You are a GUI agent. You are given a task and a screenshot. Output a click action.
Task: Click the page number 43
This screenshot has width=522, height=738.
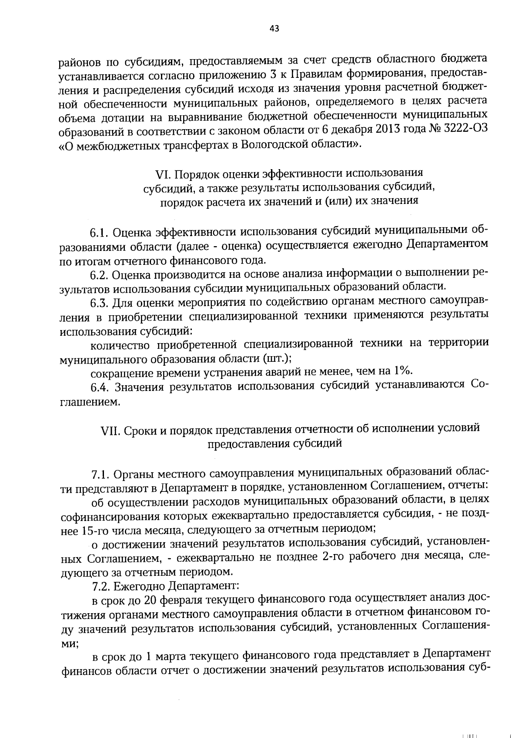click(x=274, y=29)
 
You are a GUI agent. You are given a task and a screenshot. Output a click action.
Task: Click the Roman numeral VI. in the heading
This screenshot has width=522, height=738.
click(x=164, y=174)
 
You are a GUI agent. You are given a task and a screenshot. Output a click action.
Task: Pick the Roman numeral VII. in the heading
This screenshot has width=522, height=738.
click(x=110, y=429)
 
